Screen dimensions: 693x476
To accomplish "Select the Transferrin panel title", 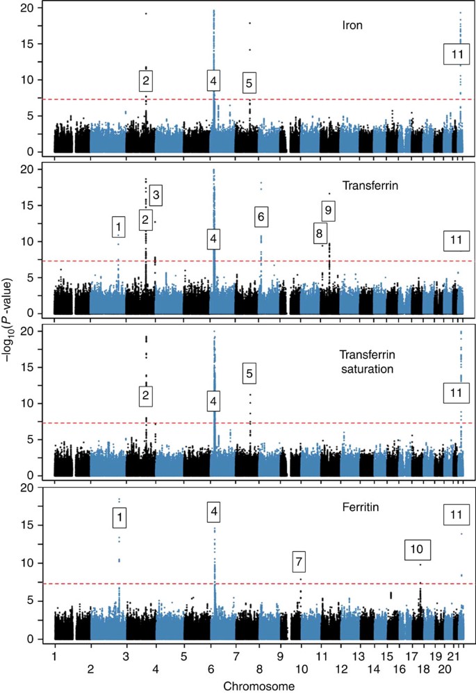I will [x=368, y=186].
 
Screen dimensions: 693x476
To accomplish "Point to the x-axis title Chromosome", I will [x=257, y=685].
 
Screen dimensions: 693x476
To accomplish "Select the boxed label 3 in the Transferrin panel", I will [x=156, y=195].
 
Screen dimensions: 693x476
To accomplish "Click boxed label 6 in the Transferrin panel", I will [x=260, y=217].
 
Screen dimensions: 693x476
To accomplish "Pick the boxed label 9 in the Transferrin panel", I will [x=328, y=210].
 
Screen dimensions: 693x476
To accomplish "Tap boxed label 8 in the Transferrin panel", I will [x=318, y=234].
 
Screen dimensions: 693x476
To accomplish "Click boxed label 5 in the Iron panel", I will [x=250, y=83].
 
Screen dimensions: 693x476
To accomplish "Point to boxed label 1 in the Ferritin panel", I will [x=122, y=516].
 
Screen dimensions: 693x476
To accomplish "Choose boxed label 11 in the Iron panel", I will [x=456, y=54].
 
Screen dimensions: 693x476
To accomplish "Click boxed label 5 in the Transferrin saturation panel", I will [x=250, y=373].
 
